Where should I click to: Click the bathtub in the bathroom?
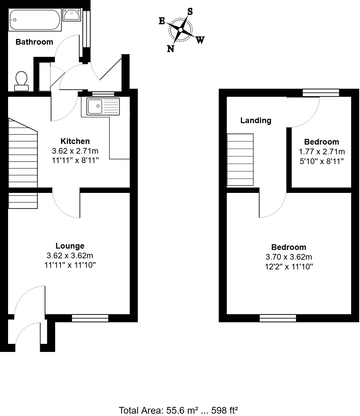35,20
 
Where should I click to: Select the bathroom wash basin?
71,15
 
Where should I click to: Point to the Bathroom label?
34,42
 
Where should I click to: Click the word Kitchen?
75,141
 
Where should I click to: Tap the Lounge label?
70,246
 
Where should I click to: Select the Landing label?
256,120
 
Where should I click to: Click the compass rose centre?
181,30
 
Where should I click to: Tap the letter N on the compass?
171,49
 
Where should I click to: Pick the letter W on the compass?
200,40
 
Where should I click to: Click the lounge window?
90,318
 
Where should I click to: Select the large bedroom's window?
278,318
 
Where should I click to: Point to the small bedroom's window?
321,93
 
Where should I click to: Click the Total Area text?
178,410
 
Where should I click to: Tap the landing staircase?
240,159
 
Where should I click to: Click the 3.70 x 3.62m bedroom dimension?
288,257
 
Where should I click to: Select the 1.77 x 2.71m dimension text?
322,151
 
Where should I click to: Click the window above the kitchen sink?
103,94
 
